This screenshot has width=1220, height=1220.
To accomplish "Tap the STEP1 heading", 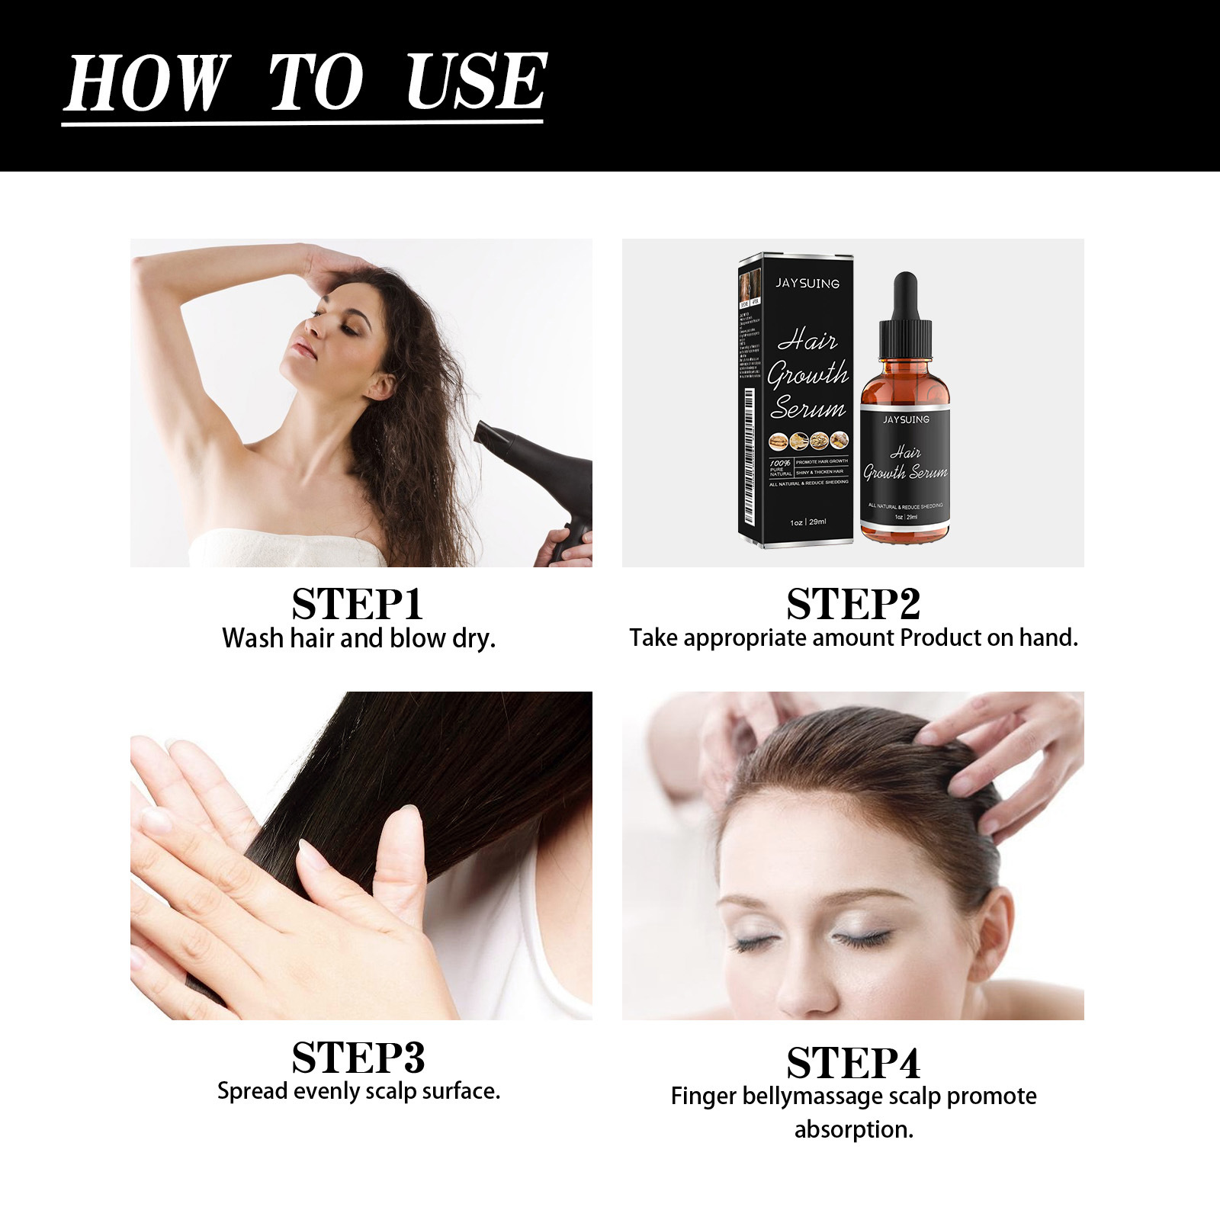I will point(357,605).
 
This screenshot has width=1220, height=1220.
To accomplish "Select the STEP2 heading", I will point(853,605).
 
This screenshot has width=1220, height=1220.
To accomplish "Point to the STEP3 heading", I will point(358,1058).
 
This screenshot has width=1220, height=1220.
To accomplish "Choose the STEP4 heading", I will point(853,1063).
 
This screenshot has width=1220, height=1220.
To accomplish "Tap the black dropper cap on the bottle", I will point(905,320).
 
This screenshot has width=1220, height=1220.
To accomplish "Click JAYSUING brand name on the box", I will point(807,283).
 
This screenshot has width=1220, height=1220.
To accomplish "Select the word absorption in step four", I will point(853,1129).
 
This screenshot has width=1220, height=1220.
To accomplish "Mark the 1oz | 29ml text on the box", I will point(807,522).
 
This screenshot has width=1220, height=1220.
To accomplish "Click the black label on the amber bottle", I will point(905,465).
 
